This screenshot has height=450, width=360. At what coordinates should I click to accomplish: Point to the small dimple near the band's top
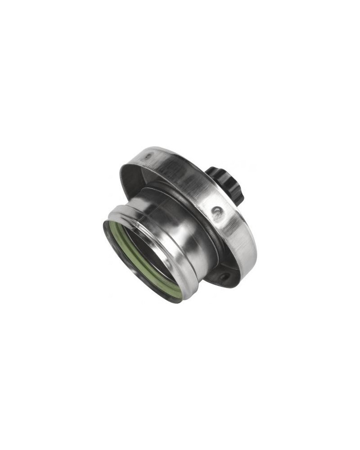148,156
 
